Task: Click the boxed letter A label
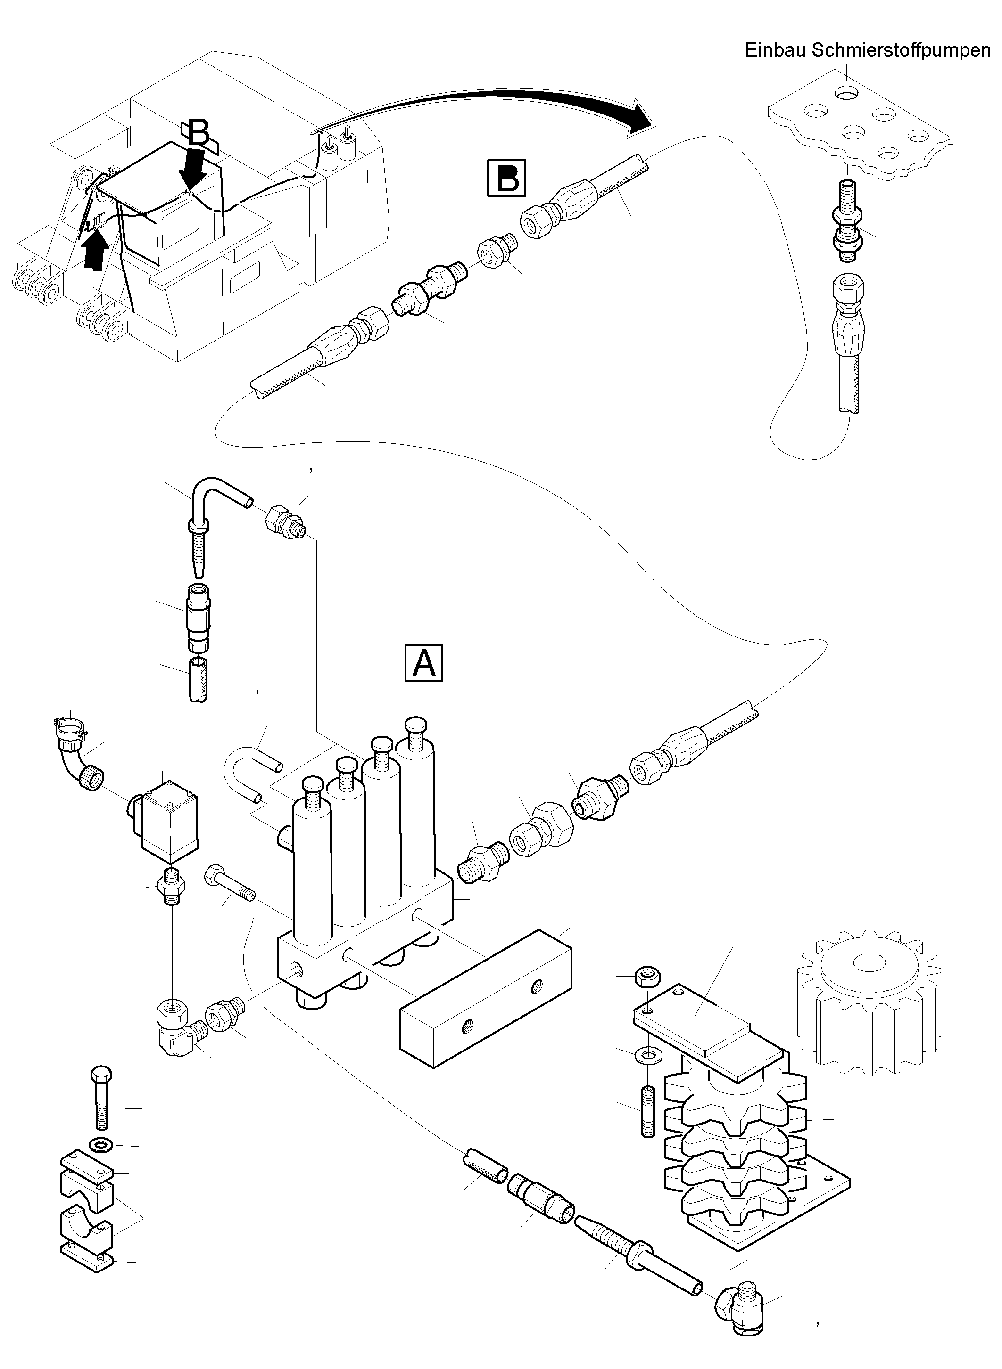[423, 663]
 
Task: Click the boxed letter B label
[506, 178]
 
